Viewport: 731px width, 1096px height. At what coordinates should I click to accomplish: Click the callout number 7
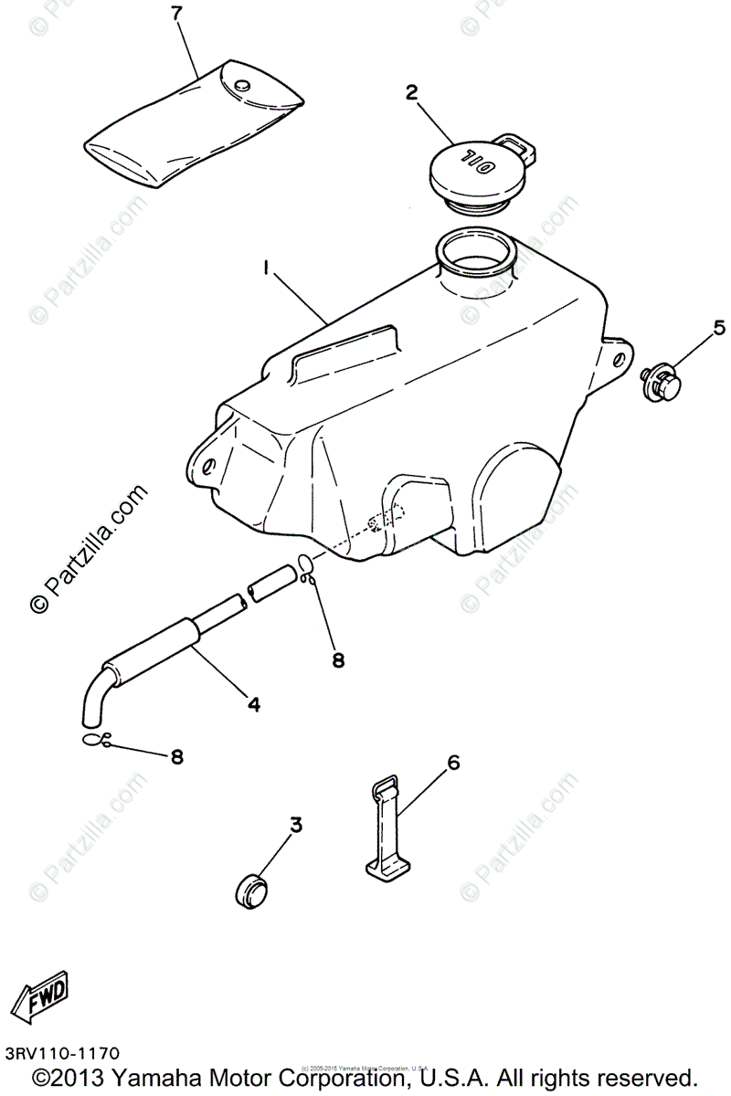[176, 14]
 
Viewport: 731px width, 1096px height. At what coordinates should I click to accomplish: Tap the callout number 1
[266, 268]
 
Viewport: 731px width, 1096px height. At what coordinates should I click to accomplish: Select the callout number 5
[719, 326]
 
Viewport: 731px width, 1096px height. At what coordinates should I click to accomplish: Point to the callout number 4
[253, 704]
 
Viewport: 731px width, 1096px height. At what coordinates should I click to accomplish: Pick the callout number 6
[453, 763]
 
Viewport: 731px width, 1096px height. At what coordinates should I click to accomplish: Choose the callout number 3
[295, 826]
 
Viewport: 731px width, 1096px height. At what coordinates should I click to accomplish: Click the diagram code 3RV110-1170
[60, 1054]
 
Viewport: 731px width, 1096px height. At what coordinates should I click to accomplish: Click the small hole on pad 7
[243, 86]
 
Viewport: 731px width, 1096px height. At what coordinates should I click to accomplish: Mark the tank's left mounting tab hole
[208, 466]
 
